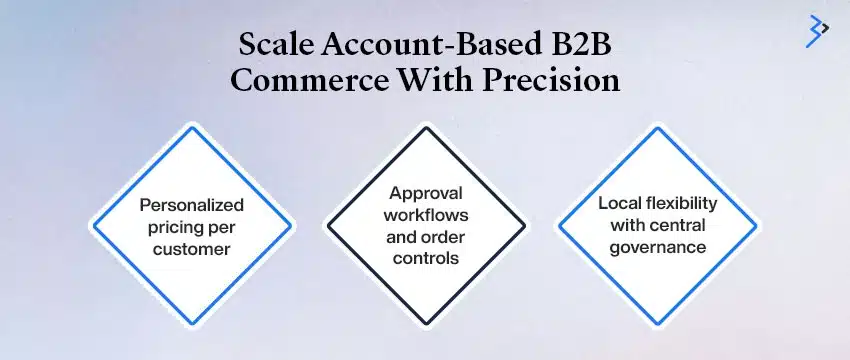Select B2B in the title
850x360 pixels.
(x=588, y=46)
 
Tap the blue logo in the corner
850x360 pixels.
(x=817, y=31)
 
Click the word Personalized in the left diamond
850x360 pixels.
(x=191, y=205)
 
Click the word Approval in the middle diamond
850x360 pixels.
(x=425, y=195)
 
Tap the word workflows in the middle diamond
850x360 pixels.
(x=425, y=215)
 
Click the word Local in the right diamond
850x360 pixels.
(x=619, y=203)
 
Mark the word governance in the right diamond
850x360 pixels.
(x=657, y=245)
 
